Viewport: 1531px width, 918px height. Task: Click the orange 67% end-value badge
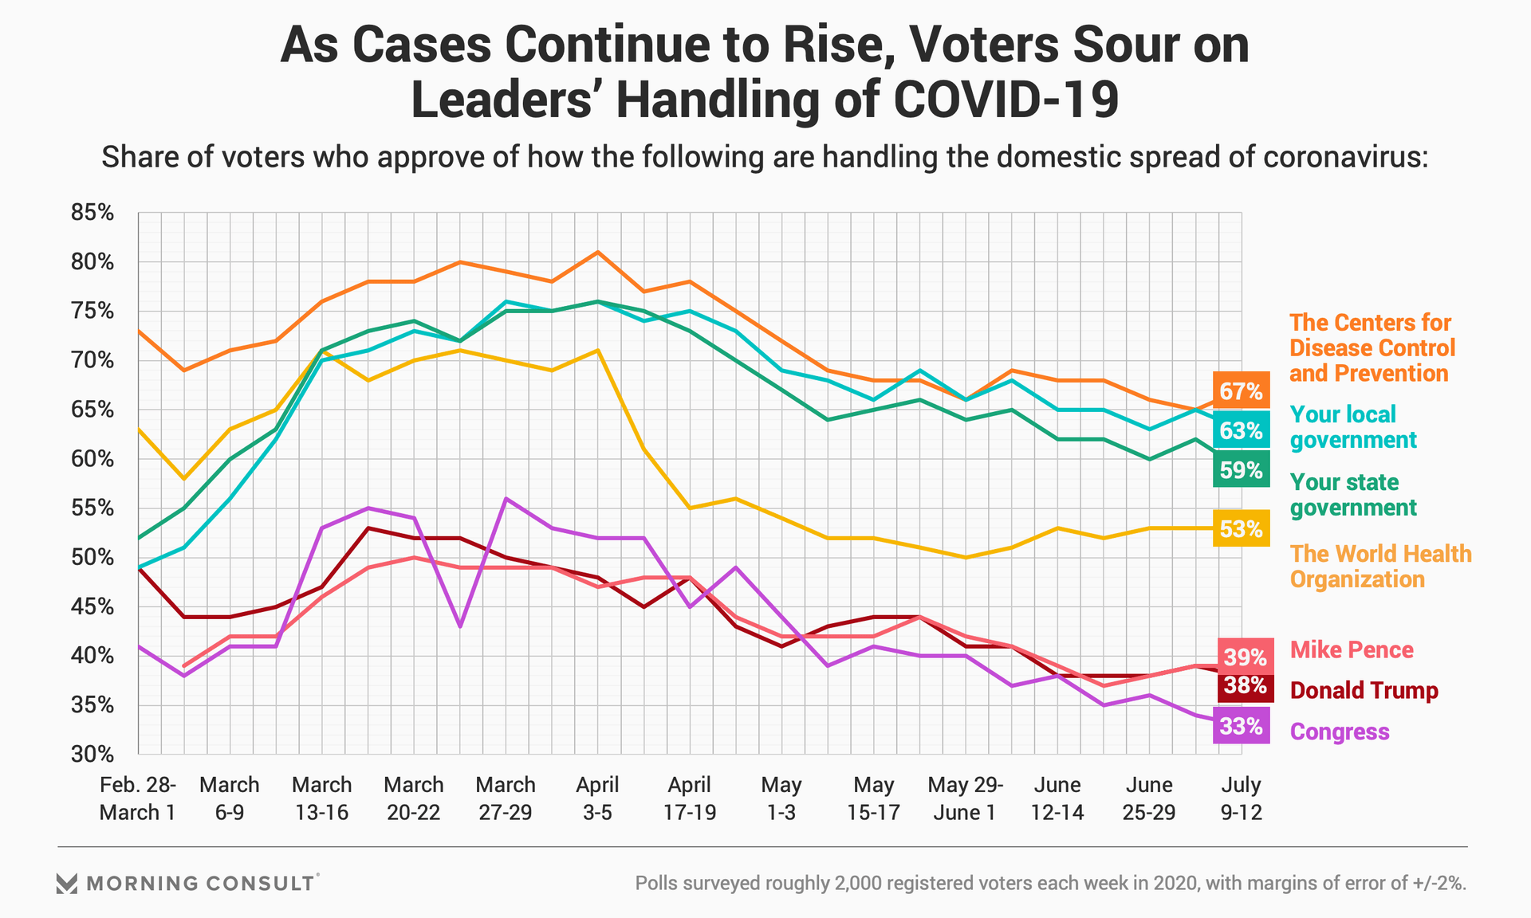point(1241,390)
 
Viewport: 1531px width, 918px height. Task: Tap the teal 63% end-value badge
point(1241,430)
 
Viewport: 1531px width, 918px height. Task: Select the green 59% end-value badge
point(1241,470)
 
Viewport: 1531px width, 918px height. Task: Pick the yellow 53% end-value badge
point(1241,528)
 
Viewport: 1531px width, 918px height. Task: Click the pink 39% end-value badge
point(1244,657)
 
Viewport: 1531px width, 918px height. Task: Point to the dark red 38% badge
point(1244,686)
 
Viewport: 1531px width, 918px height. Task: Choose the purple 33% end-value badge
point(1241,726)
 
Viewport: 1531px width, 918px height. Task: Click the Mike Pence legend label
point(1351,650)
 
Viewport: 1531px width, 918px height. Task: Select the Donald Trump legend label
point(1364,690)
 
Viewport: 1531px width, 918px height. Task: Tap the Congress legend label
point(1340,732)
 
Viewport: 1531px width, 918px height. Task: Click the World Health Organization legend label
point(1380,567)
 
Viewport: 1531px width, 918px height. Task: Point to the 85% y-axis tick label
point(92,213)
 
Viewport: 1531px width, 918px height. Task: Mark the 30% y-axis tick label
point(92,754)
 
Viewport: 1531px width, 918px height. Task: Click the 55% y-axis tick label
point(92,508)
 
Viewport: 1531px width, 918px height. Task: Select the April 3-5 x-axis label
point(597,798)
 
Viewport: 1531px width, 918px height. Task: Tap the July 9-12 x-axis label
point(1241,798)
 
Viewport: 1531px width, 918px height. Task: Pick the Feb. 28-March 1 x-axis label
point(137,798)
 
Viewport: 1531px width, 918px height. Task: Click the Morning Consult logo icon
point(67,883)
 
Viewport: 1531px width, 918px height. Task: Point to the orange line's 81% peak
point(597,252)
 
